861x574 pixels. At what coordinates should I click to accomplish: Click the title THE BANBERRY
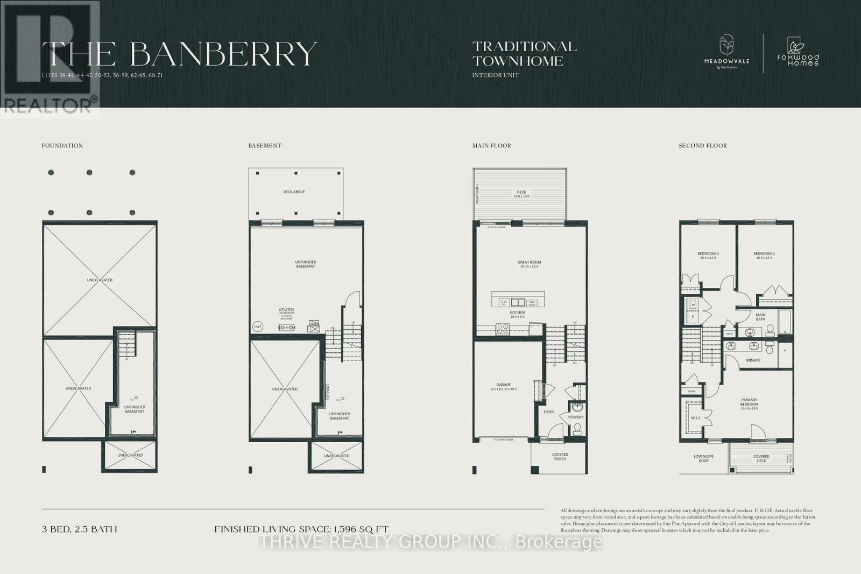pyautogui.click(x=179, y=54)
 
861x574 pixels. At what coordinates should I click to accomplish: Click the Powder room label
pyautogui.click(x=576, y=417)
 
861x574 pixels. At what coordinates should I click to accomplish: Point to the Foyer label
pyautogui.click(x=548, y=412)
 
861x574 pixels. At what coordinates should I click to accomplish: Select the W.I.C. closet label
pyautogui.click(x=695, y=417)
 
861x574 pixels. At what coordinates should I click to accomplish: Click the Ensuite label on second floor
pyautogui.click(x=753, y=360)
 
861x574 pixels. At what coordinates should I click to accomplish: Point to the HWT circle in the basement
pyautogui.click(x=257, y=327)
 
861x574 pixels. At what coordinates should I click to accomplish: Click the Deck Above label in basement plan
pyautogui.click(x=294, y=192)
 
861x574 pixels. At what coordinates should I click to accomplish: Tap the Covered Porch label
pyautogui.click(x=560, y=456)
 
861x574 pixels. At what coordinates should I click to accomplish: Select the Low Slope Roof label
pyautogui.click(x=703, y=458)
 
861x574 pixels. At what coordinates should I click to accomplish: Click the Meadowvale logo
pyautogui.click(x=726, y=52)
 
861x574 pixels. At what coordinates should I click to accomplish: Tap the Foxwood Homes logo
pyautogui.click(x=798, y=53)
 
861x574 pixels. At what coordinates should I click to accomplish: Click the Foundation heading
pyautogui.click(x=62, y=146)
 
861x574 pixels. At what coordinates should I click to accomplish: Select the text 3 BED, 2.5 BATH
pyautogui.click(x=79, y=529)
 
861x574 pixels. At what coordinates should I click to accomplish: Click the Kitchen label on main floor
pyautogui.click(x=517, y=314)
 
